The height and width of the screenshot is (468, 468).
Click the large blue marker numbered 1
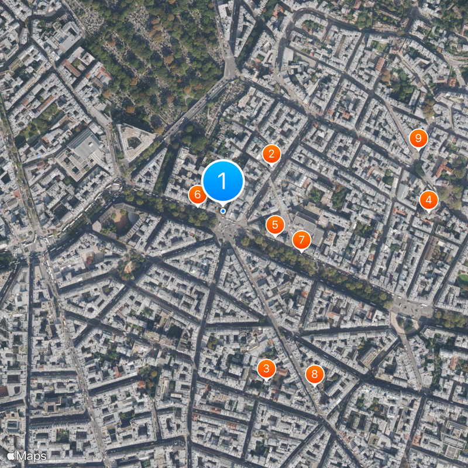(222, 180)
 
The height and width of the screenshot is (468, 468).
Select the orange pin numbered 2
(271, 154)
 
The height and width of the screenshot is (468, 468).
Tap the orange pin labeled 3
(266, 368)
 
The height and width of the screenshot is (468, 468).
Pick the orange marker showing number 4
(428, 201)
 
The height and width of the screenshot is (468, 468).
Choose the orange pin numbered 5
(275, 224)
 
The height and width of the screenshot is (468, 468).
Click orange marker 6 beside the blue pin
(197, 194)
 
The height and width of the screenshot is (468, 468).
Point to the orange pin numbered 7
(301, 239)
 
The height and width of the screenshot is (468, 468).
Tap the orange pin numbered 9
(418, 138)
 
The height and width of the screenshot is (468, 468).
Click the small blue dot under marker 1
(223, 211)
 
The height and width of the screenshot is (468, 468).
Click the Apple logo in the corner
(11, 456)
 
